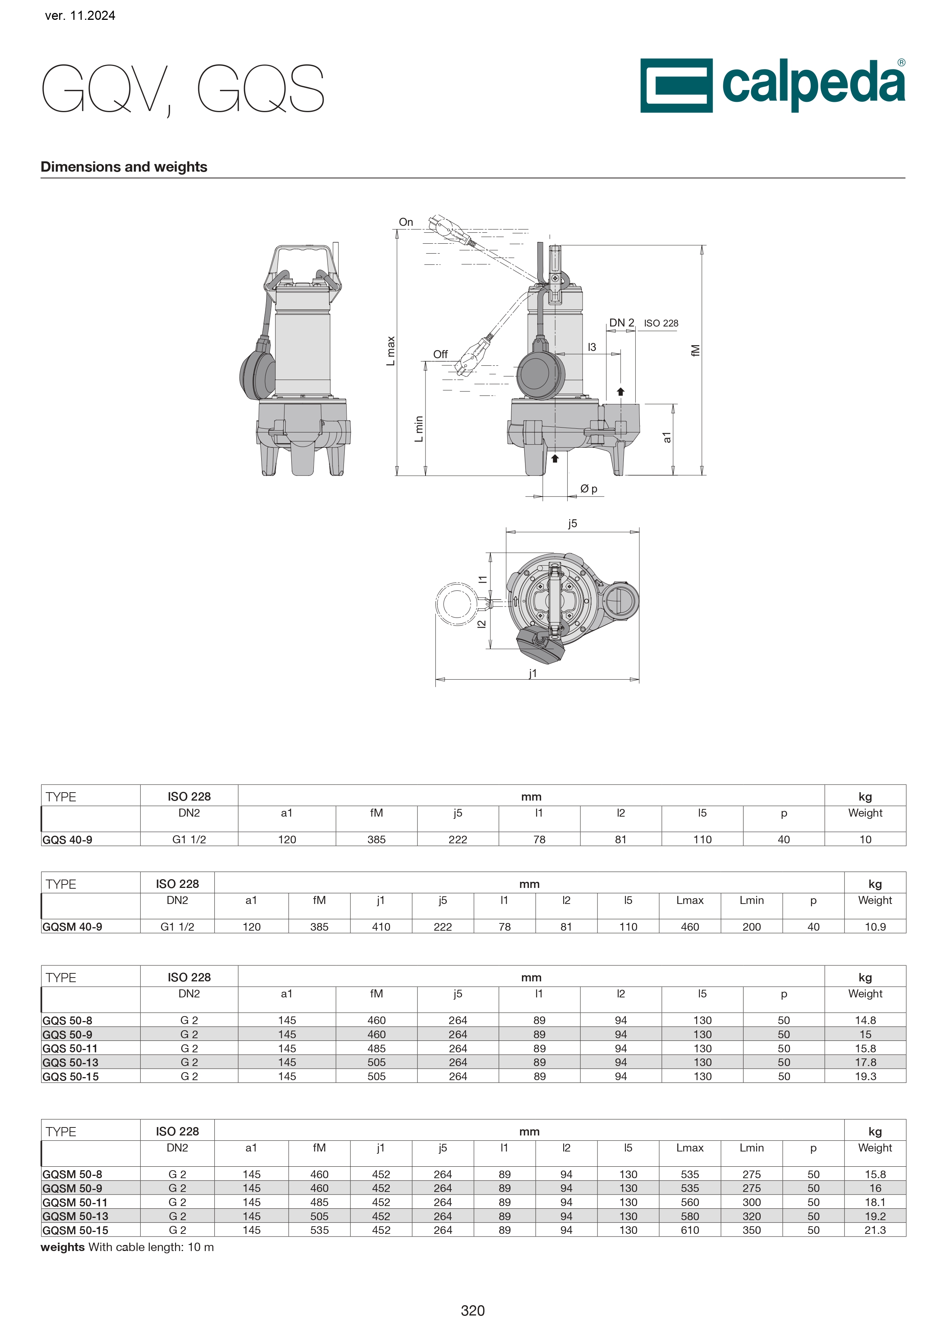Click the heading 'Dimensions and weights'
tap(124, 167)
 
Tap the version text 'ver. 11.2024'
tap(80, 16)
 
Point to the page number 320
tap(472, 1311)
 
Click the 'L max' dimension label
tap(391, 351)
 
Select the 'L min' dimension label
tap(419, 429)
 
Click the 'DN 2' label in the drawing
tap(621, 323)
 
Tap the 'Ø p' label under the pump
tap(588, 489)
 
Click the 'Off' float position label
tap(440, 354)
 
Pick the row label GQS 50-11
tap(70, 1049)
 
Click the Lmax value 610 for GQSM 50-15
tap(690, 1230)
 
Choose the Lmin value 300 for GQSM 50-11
tap(752, 1202)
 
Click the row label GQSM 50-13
tap(75, 1216)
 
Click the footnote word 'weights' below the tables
tap(62, 1247)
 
